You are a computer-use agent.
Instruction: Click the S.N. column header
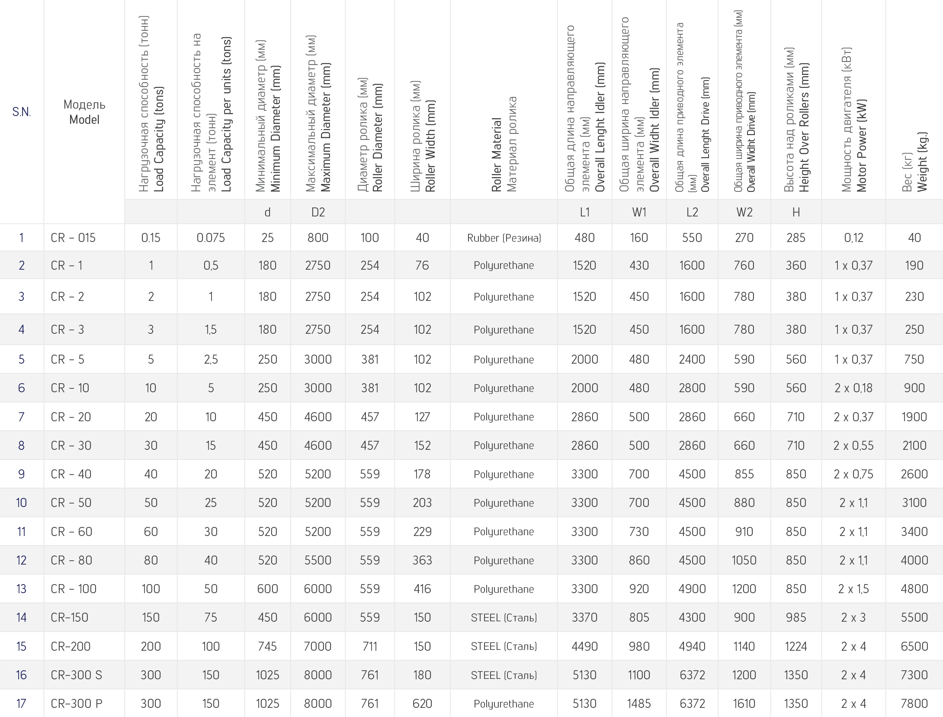(x=21, y=112)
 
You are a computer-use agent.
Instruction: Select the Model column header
(x=84, y=112)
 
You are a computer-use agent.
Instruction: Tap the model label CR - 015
(x=73, y=238)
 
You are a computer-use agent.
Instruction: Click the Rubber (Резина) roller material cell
(x=504, y=238)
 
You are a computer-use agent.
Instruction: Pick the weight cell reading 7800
(x=914, y=704)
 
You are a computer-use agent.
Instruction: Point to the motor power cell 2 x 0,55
(x=853, y=446)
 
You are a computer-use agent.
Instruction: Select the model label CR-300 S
(x=77, y=675)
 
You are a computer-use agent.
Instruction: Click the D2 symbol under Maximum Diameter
(x=318, y=212)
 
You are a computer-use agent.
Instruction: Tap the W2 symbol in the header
(x=744, y=212)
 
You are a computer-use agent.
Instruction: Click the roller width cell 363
(x=422, y=560)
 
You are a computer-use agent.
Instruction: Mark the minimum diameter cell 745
(x=267, y=646)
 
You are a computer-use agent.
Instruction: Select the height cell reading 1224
(x=795, y=646)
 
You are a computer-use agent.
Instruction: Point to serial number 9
(x=21, y=474)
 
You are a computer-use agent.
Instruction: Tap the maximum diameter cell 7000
(x=318, y=646)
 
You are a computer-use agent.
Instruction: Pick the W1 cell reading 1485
(x=639, y=704)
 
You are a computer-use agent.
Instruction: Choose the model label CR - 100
(x=74, y=589)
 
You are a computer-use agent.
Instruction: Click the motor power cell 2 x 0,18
(x=853, y=388)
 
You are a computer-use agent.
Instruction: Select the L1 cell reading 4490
(x=584, y=646)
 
